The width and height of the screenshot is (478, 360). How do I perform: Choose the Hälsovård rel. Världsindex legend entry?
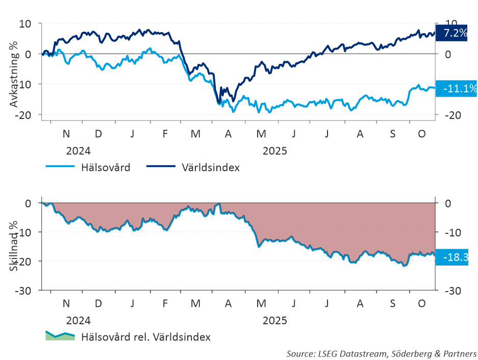(x=146, y=337)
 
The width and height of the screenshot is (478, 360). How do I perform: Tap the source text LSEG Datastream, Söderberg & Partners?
(x=382, y=353)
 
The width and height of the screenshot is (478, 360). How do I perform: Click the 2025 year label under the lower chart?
(x=275, y=321)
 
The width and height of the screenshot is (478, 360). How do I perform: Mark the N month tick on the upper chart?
(x=66, y=134)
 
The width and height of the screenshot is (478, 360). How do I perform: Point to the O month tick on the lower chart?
(x=422, y=303)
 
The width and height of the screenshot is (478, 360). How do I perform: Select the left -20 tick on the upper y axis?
(x=23, y=115)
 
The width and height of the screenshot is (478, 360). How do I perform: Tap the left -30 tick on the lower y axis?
(x=23, y=290)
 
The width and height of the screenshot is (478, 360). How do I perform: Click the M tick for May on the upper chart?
(x=261, y=134)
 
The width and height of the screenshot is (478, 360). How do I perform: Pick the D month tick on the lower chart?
(x=98, y=303)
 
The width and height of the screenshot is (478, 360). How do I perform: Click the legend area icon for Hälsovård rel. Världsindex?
(x=60, y=335)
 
